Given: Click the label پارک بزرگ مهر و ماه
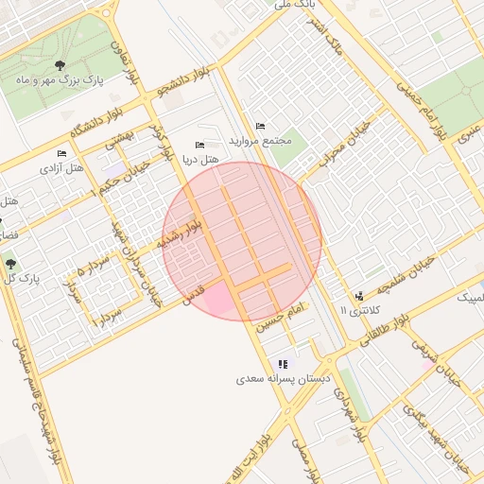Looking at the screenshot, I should (x=60, y=81).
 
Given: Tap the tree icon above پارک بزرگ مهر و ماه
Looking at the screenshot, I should (x=60, y=65).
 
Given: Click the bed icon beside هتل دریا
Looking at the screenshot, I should (x=199, y=145).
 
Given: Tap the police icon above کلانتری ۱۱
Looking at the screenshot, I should (x=358, y=296).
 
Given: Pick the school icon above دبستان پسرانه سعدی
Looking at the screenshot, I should (x=283, y=364).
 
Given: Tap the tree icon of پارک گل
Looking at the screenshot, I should (x=10, y=264).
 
